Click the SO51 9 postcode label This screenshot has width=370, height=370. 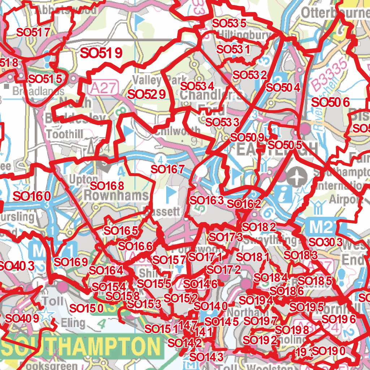tap(101, 53)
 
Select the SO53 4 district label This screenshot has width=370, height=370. tap(197, 86)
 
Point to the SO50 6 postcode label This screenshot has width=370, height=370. tap(330, 102)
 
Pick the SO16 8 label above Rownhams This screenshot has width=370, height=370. tap(107, 186)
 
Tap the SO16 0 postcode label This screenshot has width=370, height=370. tap(31, 196)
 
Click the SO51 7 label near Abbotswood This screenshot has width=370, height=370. tap(33, 32)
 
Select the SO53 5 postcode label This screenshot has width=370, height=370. tap(229, 23)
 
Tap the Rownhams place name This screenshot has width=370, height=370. tap(116, 196)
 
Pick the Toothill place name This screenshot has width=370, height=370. tap(65, 134)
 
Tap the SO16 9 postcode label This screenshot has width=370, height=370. tap(70, 262)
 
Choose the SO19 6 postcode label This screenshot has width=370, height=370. tap(339, 319)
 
